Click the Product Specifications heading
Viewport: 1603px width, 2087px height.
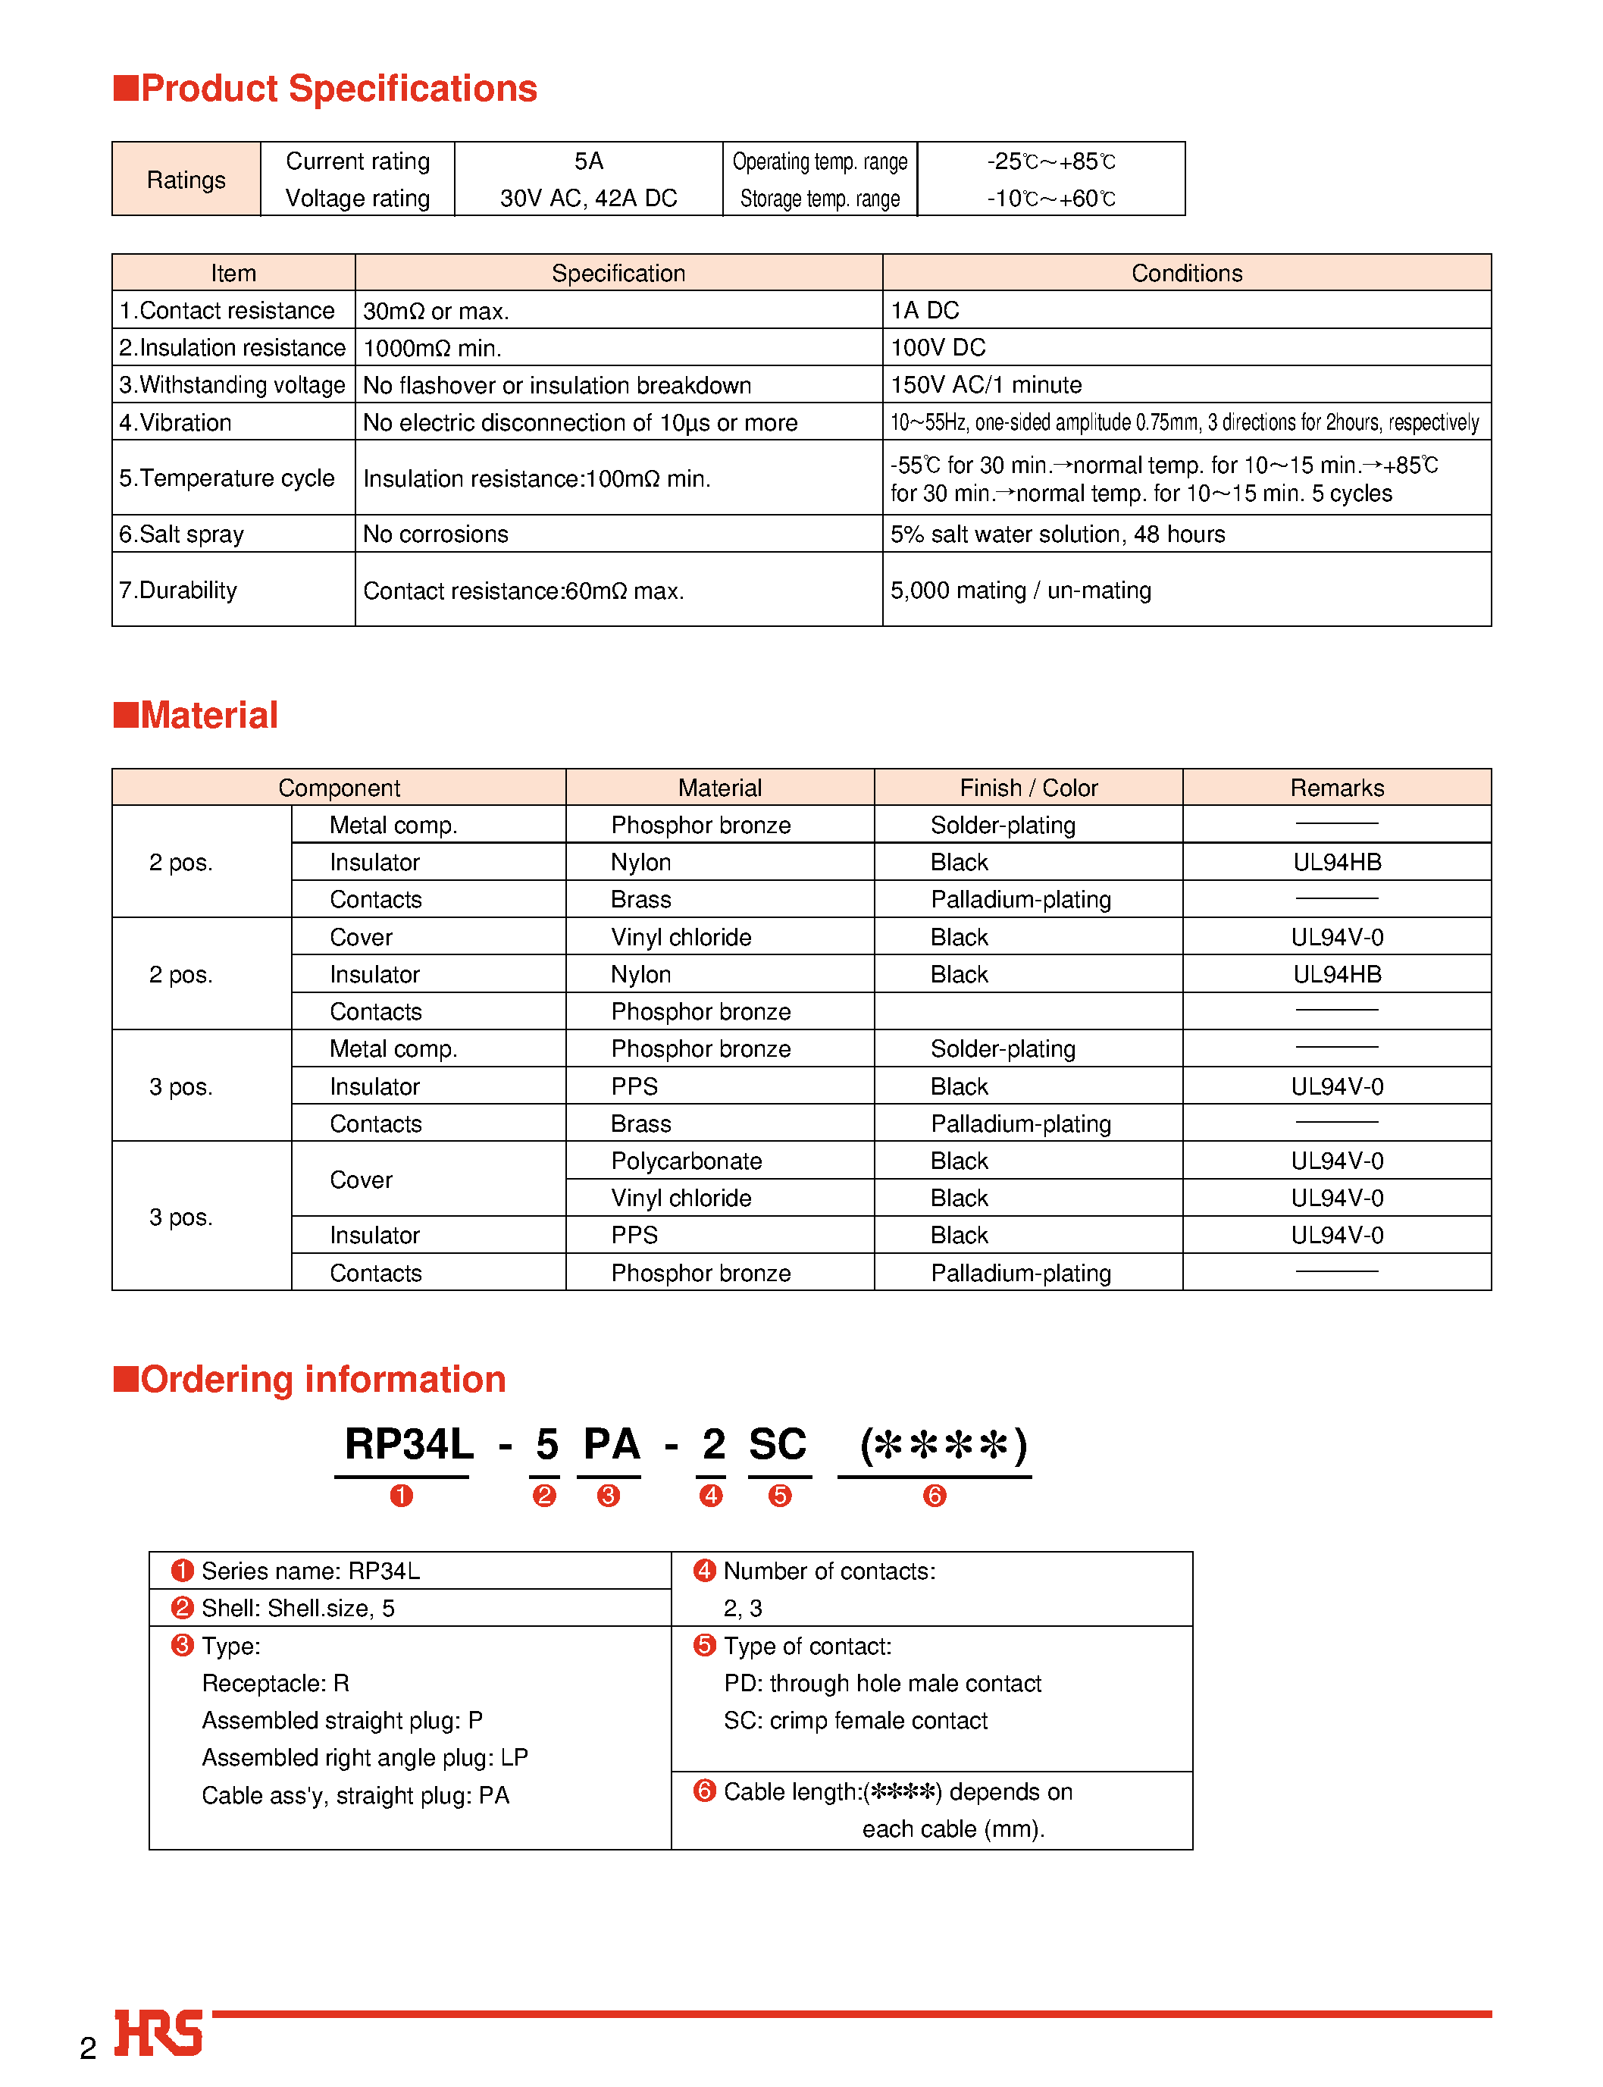coord(325,89)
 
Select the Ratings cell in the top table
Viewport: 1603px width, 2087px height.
coord(186,180)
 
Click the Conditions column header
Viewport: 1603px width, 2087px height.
coord(1186,273)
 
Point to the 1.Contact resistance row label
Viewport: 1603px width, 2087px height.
coord(227,310)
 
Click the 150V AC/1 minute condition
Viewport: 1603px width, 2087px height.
coord(985,384)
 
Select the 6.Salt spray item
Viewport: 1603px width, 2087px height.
coord(181,534)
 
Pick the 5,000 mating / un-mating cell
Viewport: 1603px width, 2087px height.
coord(1020,590)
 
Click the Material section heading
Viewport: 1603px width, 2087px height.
coord(196,715)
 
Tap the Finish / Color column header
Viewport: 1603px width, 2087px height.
coord(1028,788)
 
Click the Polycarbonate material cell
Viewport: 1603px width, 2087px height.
coord(686,1161)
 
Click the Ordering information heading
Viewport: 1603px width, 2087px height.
coord(310,1379)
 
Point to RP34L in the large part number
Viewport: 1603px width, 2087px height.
coord(409,1444)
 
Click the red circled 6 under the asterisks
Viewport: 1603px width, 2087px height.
coord(934,1496)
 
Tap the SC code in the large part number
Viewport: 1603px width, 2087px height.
coord(778,1444)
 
